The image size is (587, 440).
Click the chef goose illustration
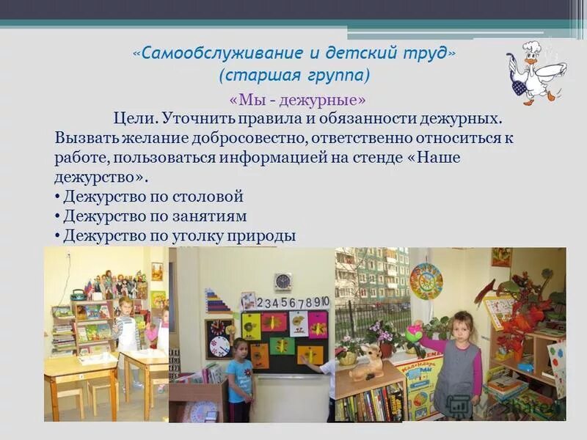click(534, 70)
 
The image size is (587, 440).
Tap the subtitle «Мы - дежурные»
click(297, 99)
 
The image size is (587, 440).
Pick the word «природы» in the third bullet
click(261, 235)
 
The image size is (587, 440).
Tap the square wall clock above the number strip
click(282, 281)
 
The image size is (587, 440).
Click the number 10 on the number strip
click(324, 301)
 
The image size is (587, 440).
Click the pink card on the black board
click(318, 323)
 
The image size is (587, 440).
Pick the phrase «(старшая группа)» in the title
click(294, 76)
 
